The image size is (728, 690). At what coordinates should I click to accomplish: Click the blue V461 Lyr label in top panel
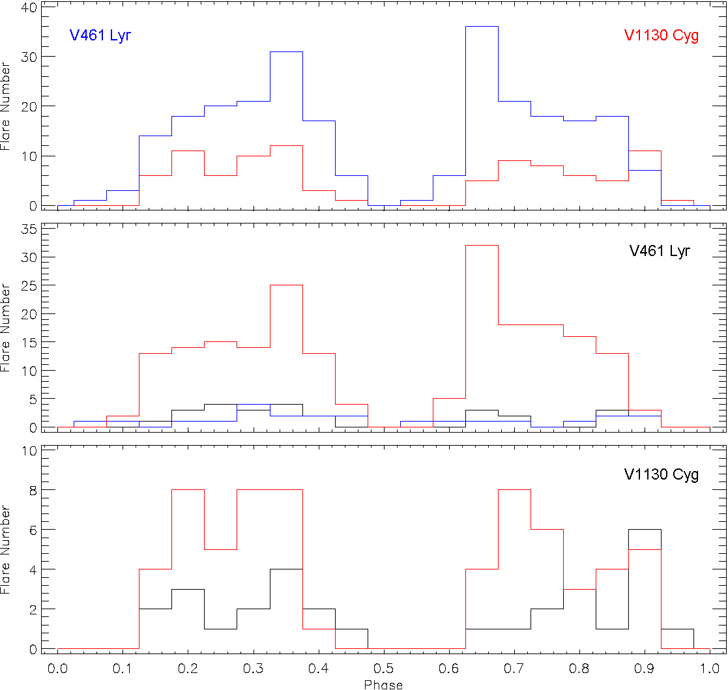100,35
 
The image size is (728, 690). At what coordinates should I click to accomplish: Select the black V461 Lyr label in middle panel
660,252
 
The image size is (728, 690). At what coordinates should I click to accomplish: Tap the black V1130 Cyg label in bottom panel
662,474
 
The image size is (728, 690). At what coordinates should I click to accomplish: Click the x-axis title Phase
383,684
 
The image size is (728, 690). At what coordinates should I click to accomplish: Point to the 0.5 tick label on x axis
383,669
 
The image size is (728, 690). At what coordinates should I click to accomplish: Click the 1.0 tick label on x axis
709,669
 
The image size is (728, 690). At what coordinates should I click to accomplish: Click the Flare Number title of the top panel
6,106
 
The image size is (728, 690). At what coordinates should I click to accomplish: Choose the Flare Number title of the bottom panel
6,549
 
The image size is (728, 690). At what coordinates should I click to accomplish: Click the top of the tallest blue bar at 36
482,27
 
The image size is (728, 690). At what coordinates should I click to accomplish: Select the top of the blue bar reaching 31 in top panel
286,51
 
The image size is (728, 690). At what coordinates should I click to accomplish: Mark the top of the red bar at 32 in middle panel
482,246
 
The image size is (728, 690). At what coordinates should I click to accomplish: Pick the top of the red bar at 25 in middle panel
286,285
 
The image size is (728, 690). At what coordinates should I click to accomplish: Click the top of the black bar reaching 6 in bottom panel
645,530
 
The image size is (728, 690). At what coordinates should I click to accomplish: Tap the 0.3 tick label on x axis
253,669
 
